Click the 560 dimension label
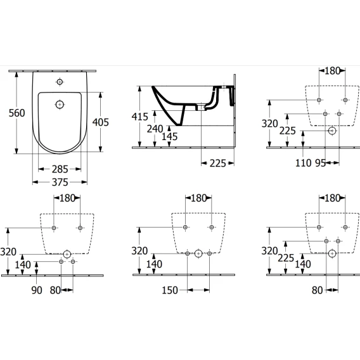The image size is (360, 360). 16,113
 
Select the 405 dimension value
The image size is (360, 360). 101,122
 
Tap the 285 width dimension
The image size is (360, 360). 60,169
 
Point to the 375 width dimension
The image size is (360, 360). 60,183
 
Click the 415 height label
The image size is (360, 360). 140,117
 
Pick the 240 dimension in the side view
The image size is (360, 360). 155,129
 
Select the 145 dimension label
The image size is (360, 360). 170,137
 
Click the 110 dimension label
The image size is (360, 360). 304,163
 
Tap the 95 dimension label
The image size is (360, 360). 320,163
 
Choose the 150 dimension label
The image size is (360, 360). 170,290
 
